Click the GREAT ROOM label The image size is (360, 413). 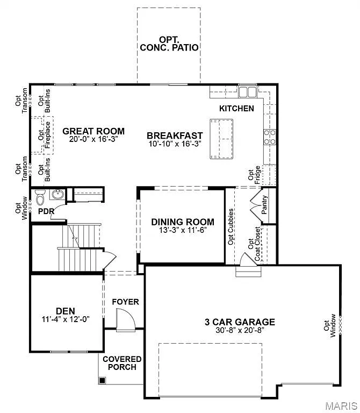pos(93,131)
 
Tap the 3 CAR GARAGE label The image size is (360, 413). pos(240,322)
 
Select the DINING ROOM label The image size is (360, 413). pos(183,222)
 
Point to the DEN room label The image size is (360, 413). pos(65,311)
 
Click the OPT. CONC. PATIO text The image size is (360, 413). pos(169,43)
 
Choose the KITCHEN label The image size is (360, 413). pos(236,108)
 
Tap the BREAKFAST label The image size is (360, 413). pos(175,136)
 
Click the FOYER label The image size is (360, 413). pos(125,302)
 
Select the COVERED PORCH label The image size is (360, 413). pos(122,363)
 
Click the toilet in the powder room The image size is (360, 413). pos(41,198)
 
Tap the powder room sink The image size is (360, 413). pos(57,195)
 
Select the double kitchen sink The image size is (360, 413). pos(247,92)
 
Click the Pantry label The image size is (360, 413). pos(264,205)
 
